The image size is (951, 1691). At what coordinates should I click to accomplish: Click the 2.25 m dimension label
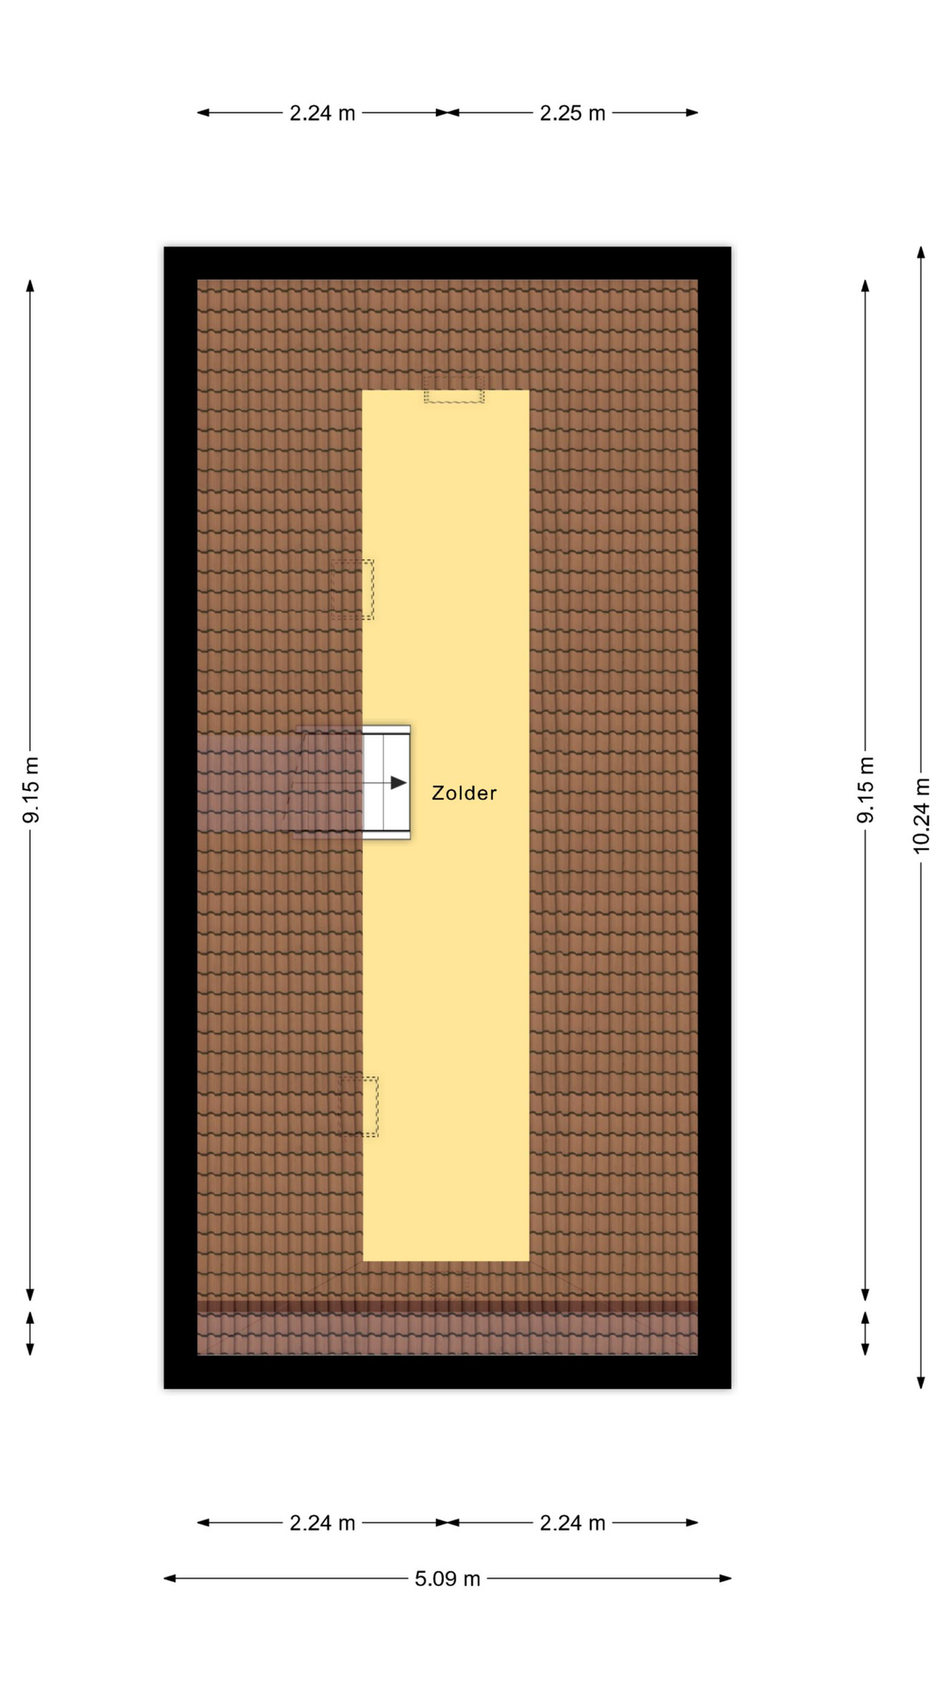point(572,113)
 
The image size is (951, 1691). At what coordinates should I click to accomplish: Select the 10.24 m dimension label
point(921,815)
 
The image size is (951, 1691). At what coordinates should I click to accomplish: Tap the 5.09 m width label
point(447,1578)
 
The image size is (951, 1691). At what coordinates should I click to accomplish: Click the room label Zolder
point(464,793)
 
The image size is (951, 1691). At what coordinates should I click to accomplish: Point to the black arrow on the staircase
point(399,782)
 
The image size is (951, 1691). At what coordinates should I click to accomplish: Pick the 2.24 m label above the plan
point(322,113)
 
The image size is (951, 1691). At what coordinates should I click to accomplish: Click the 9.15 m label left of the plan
point(31,790)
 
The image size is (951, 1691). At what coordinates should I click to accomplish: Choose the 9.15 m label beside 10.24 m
point(866,790)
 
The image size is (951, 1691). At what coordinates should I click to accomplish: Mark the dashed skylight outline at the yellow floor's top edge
point(453,389)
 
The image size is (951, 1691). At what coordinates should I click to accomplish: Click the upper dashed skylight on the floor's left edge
point(352,589)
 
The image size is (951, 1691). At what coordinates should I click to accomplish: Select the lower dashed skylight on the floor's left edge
point(359,1106)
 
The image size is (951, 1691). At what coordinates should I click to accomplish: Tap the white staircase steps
point(387,782)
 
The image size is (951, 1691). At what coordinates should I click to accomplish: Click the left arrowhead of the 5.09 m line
point(170,1578)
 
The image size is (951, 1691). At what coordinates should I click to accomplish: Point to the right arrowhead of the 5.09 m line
point(726,1578)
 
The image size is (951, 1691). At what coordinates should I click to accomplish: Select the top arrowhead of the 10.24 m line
point(921,253)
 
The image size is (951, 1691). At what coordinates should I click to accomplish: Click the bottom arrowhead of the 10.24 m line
point(921,1382)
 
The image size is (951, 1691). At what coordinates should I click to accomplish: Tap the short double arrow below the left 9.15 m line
point(30,1333)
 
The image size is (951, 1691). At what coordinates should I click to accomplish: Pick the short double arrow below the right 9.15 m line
point(865,1333)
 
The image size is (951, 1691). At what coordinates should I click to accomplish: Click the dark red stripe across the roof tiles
point(447,1306)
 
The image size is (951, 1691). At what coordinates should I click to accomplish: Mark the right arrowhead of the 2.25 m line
point(692,113)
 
